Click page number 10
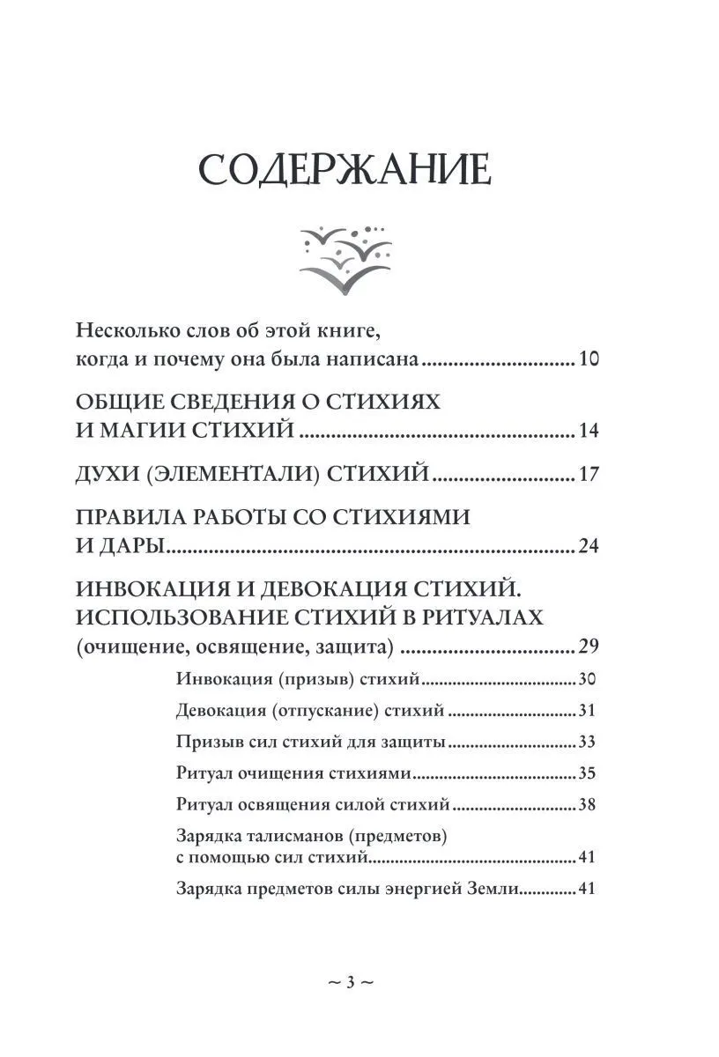point(589,360)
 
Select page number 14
point(589,431)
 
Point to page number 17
point(589,476)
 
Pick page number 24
point(589,547)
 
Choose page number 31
point(588,711)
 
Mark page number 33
point(588,743)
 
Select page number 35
point(588,774)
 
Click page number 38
point(588,805)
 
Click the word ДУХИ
point(104,476)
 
